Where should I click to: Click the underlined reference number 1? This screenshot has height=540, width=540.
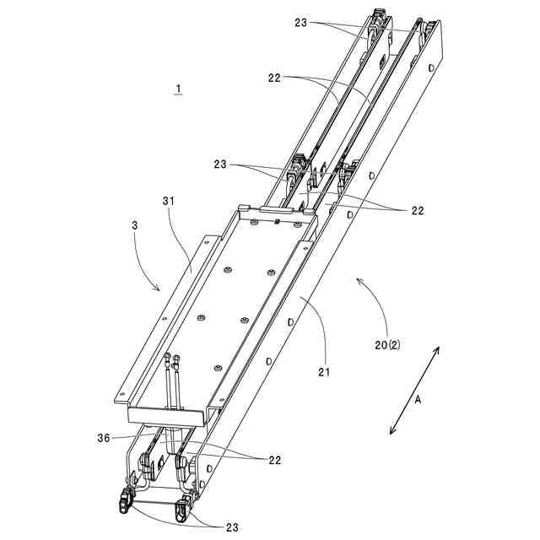pos(178,89)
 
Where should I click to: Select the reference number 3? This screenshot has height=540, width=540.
pos(135,225)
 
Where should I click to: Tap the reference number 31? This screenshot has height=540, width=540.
pos(169,201)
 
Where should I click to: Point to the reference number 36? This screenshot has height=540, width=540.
pos(103,438)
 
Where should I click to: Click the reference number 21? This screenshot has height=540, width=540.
pos(324,372)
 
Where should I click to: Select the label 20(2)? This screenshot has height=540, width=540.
pos(387,345)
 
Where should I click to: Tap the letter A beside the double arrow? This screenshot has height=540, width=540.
pos(418,400)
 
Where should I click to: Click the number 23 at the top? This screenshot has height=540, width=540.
pos(300,23)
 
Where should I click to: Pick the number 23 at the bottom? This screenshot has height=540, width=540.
pos(232,527)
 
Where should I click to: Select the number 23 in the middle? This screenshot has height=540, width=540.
pos(220,165)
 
